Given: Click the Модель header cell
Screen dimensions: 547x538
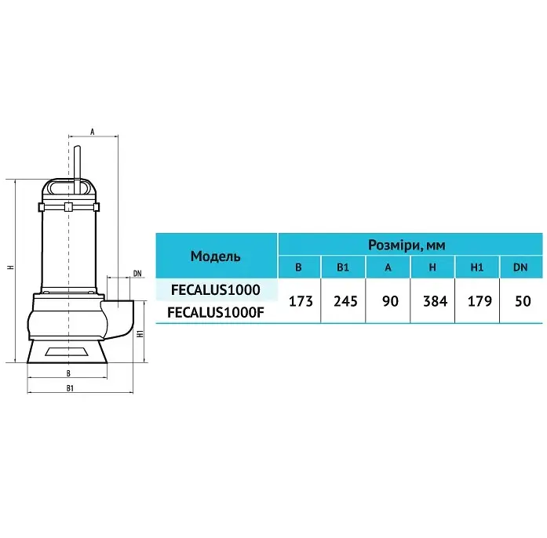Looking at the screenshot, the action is [216, 256].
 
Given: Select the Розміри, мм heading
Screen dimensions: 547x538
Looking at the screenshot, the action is [407, 245].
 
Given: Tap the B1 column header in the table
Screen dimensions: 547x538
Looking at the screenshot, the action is [343, 267].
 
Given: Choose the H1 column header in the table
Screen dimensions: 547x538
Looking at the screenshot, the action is [477, 267].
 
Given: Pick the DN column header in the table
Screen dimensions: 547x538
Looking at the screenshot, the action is [520, 267].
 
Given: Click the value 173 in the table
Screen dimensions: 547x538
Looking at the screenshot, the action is [301, 301].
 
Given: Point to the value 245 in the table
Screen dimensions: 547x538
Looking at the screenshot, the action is [345, 301].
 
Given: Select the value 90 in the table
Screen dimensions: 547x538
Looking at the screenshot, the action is [390, 301].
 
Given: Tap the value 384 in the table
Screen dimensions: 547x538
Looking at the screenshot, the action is [435, 301].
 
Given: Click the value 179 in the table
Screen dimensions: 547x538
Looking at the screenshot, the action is [480, 301].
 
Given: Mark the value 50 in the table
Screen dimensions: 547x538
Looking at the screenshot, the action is [523, 301].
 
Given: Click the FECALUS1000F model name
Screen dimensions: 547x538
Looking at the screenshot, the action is [216, 312].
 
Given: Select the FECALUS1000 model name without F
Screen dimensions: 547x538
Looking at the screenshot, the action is [216, 289].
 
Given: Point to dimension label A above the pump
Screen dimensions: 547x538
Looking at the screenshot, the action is [93, 132].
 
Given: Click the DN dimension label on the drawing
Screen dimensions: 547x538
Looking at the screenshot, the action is [137, 274].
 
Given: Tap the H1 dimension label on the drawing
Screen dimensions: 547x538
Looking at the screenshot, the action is [140, 333].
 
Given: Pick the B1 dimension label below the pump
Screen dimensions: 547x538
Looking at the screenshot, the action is [70, 388].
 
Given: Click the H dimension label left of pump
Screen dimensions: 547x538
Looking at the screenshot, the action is [11, 267].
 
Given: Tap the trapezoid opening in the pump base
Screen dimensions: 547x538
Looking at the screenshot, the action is [67, 351].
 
